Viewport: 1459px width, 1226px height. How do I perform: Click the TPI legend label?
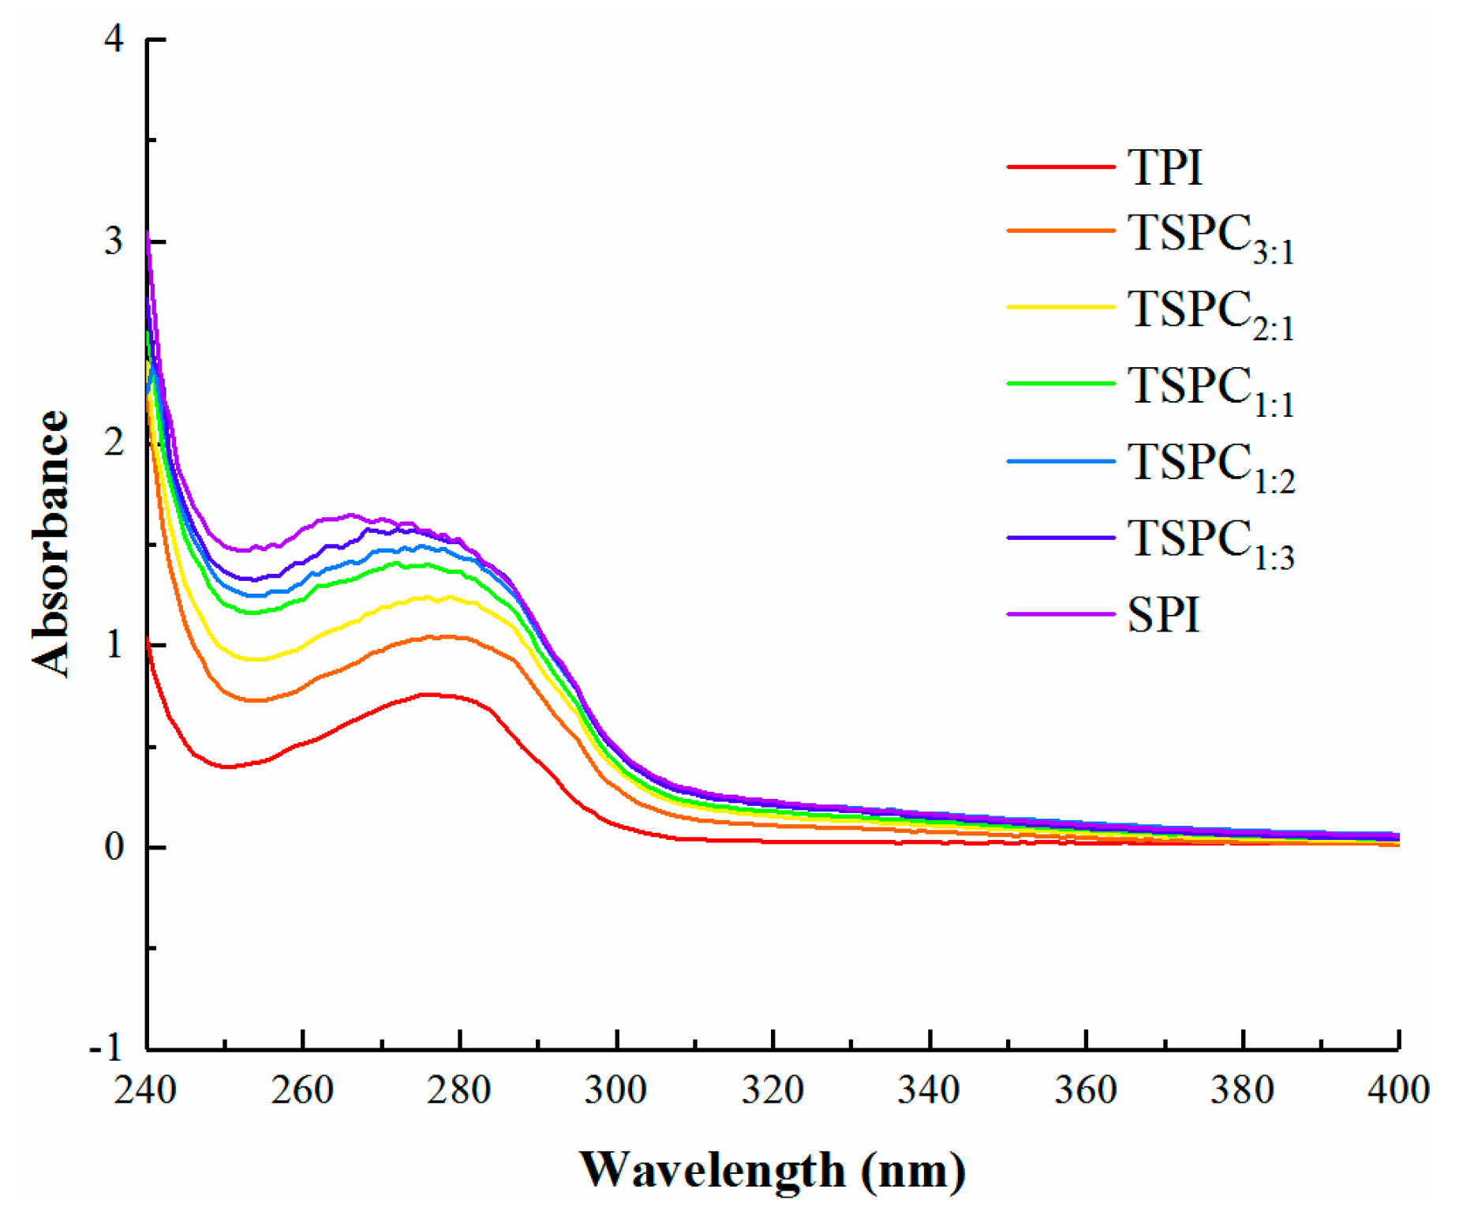(1164, 168)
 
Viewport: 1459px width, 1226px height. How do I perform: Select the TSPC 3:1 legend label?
(1210, 237)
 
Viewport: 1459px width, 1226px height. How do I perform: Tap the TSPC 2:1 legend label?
(1210, 313)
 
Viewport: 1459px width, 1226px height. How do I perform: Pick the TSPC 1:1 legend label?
(1210, 390)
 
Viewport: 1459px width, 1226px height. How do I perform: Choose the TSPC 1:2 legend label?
(1210, 467)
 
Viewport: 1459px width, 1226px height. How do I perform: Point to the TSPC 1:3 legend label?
(1210, 543)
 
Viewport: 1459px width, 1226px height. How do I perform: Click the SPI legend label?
(1163, 615)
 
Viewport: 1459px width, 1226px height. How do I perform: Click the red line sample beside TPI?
(1060, 167)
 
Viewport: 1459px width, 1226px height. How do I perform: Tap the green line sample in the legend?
(1060, 384)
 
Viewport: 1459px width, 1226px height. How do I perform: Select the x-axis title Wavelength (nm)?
(772, 1170)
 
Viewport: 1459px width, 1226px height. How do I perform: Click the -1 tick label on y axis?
(106, 1048)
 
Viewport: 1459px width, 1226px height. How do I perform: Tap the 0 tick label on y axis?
(114, 847)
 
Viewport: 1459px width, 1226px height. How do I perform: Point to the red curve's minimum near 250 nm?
(227, 767)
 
